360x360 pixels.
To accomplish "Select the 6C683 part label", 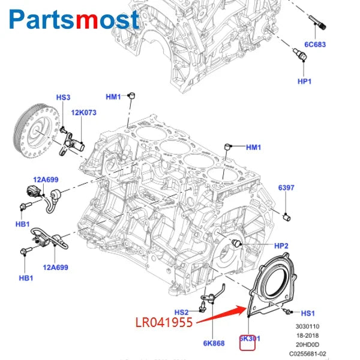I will [x=315, y=44].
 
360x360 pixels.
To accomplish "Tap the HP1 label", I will [x=305, y=80].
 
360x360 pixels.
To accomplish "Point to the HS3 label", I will [x=63, y=98].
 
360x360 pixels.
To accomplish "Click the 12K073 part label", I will [x=84, y=112].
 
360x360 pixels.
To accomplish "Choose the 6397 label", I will [x=286, y=188].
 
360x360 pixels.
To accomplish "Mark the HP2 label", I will [x=281, y=246].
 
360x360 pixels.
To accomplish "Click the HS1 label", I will [x=308, y=313].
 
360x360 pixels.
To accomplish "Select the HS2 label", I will [x=182, y=313].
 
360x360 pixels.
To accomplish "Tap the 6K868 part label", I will [x=214, y=343].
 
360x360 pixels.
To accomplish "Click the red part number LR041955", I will [x=163, y=323].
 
